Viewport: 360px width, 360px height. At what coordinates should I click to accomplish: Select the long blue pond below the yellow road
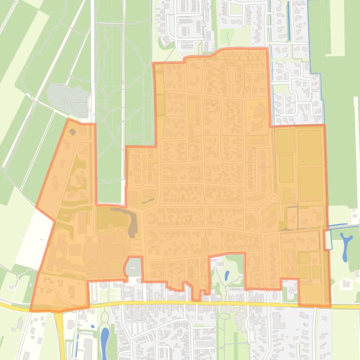104,339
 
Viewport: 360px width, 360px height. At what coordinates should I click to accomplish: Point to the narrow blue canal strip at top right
287,28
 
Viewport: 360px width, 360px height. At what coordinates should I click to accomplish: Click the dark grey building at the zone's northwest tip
73,132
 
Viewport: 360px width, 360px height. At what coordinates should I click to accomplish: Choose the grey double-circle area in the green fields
70,99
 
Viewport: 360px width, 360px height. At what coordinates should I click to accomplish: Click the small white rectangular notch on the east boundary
327,239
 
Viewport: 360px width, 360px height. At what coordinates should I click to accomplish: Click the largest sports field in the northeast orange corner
310,148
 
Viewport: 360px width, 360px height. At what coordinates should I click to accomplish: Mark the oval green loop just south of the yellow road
225,316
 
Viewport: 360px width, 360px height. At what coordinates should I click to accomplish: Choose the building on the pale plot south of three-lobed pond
346,283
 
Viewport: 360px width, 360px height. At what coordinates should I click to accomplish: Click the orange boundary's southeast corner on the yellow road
330,306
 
